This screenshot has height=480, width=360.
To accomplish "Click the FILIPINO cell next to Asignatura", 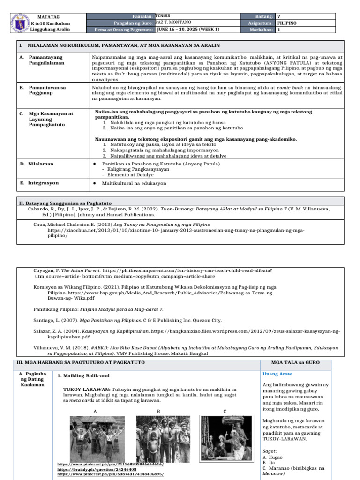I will [287, 22].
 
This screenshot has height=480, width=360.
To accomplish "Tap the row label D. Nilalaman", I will [37, 164].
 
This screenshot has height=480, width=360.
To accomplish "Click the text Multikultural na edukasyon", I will [134, 183].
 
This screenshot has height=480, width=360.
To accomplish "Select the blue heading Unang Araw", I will [277, 374].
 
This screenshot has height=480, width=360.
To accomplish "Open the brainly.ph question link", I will [97, 469].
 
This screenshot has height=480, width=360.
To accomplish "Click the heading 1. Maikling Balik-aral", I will [84, 376].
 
